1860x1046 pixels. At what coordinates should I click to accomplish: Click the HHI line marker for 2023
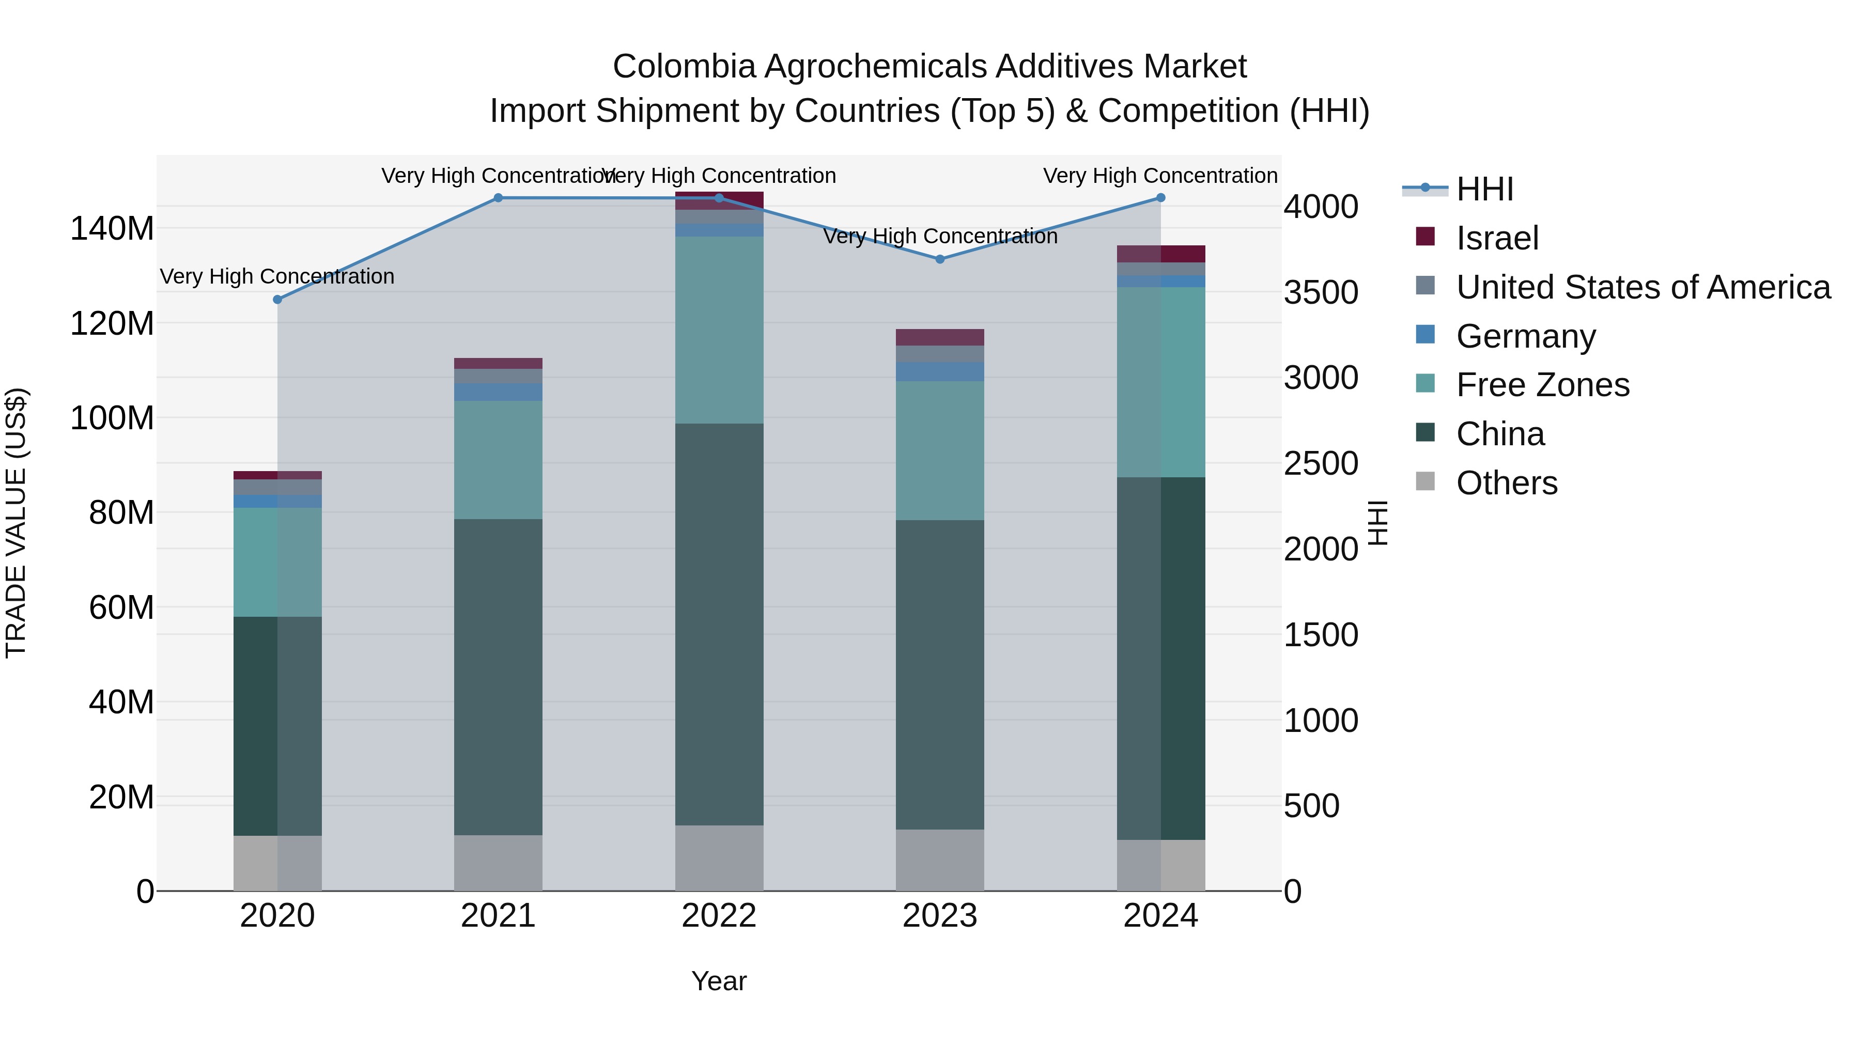pos(939,259)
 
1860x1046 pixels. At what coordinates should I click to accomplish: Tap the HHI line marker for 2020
pos(277,300)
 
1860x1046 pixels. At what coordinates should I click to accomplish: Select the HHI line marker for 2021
pos(498,198)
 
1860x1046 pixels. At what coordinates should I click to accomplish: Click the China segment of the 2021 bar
pos(498,677)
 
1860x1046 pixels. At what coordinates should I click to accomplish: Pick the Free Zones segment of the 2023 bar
pos(939,450)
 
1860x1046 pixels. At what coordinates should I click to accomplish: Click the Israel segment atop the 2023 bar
pos(939,337)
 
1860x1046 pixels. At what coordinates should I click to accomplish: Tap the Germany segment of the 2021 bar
pos(498,392)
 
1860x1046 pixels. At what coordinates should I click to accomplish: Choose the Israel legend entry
pos(1497,238)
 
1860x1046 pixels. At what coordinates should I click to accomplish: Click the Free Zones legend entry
pos(1542,385)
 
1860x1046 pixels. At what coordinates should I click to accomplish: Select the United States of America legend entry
pos(1642,287)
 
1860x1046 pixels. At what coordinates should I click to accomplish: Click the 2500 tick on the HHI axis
pos(1321,463)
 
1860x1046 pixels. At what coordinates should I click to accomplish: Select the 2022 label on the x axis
pos(719,916)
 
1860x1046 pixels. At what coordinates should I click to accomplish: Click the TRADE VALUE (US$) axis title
pos(16,523)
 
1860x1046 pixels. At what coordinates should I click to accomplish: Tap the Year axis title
pos(719,981)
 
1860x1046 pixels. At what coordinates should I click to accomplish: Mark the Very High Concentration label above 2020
pos(277,276)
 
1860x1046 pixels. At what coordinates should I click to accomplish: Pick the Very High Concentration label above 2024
pos(1160,176)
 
